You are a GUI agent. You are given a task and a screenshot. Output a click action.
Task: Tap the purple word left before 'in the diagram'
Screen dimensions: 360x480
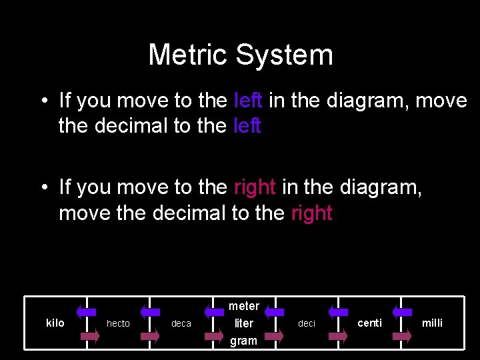[x=249, y=101]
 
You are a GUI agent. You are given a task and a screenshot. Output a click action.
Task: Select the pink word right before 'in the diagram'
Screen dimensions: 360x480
[x=255, y=187]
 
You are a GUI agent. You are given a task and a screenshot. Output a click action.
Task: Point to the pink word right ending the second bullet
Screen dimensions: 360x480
[x=311, y=213]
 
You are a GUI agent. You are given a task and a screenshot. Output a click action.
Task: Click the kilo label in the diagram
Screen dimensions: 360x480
[x=55, y=323]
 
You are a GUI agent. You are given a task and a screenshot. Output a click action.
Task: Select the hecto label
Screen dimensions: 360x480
[x=118, y=323]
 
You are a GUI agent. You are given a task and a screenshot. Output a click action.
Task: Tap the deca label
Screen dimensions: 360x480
[x=181, y=323]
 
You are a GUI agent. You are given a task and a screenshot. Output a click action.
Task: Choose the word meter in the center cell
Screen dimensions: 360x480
[x=243, y=306]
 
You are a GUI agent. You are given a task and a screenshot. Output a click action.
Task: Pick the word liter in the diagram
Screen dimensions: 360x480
[x=243, y=323]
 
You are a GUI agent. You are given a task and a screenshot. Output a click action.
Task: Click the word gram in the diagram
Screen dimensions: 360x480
[x=243, y=341]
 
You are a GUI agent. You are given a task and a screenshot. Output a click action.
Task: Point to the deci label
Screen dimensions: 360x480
[x=307, y=323]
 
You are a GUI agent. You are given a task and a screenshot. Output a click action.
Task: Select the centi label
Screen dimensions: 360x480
[x=369, y=323]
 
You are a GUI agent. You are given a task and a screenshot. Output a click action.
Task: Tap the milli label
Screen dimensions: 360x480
[x=432, y=323]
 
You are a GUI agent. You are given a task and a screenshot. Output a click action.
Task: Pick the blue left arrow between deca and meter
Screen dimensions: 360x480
[x=213, y=311]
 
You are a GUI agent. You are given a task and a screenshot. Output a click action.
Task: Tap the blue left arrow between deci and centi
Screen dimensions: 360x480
[x=338, y=311]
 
